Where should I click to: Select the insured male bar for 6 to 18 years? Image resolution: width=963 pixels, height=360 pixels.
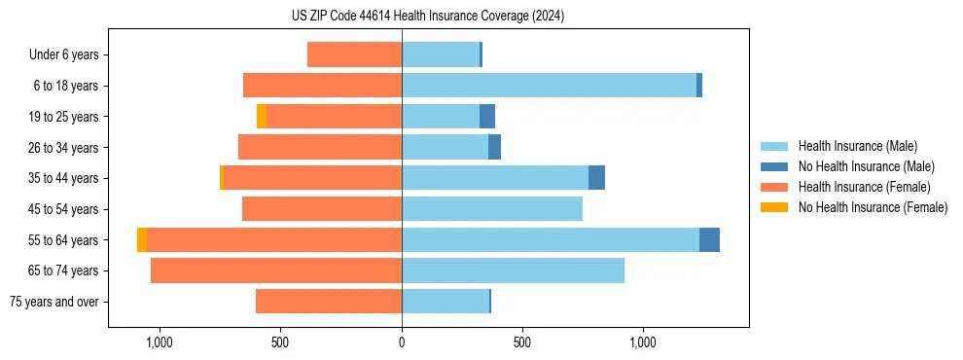point(549,86)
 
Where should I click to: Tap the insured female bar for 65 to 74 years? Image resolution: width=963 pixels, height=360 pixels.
point(276,270)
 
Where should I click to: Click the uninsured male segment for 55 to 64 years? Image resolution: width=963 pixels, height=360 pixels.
point(709,239)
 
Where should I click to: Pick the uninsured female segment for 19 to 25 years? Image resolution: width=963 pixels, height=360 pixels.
point(262,117)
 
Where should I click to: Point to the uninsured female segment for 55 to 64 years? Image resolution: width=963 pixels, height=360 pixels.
point(142,239)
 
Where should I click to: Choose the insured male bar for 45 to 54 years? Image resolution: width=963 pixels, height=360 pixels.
point(492,209)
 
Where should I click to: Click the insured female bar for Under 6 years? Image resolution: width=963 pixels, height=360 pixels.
point(354,54)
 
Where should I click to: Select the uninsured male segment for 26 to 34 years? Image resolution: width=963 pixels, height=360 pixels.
point(494,147)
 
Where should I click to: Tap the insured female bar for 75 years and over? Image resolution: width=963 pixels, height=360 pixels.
point(329,302)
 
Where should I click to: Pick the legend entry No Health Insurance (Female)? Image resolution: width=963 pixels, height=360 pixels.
point(873,207)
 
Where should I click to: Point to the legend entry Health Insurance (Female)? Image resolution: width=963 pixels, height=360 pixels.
point(865,187)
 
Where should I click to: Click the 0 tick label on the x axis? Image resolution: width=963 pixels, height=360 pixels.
point(402,342)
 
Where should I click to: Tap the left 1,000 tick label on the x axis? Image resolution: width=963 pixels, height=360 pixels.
point(159,342)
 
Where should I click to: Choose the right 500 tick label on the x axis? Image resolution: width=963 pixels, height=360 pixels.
point(521,342)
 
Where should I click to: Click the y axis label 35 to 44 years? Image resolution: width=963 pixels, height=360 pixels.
point(64,178)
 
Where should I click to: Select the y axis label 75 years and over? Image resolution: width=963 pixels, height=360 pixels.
point(54,302)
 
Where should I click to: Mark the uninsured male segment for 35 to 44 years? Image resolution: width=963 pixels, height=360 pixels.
point(596,178)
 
